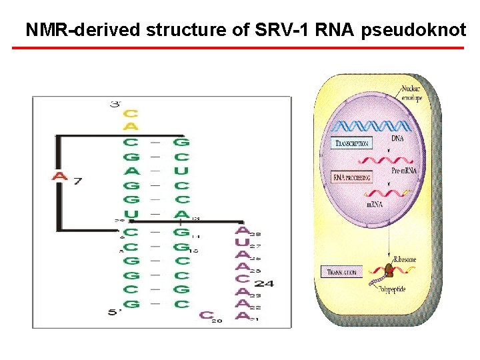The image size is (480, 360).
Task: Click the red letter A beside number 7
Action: tap(60, 177)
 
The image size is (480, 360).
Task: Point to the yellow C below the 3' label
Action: tap(131, 113)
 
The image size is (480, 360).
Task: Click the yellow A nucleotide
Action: tap(131, 127)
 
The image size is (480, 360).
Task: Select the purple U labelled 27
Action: tap(243, 242)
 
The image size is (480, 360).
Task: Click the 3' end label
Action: tap(117, 104)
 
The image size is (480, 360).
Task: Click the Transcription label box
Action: tap(351, 143)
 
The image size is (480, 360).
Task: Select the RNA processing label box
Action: tap(351, 177)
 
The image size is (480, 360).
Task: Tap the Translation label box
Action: tap(342, 272)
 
